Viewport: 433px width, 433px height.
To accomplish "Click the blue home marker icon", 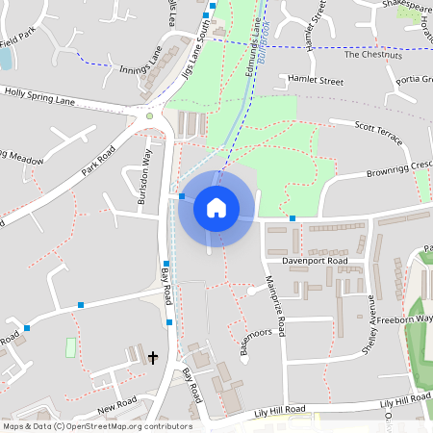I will pos(216,207).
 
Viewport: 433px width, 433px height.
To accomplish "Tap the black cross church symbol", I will pos(153,358).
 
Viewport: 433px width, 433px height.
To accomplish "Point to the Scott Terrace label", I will pos(378,133).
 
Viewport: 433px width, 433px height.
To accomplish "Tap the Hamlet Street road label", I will pos(316,82).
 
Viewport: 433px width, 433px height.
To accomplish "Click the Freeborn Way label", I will pos(405,318).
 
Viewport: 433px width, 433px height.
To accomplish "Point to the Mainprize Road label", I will pos(274,307).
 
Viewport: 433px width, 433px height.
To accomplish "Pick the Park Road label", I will pos(98,160).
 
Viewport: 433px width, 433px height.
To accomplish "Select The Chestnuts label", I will pos(366,54).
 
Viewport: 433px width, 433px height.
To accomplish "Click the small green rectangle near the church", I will pos(70,345).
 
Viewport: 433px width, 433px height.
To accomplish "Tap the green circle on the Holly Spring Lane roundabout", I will pos(149,116).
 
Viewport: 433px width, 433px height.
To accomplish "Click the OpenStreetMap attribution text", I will pos(96,426).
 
